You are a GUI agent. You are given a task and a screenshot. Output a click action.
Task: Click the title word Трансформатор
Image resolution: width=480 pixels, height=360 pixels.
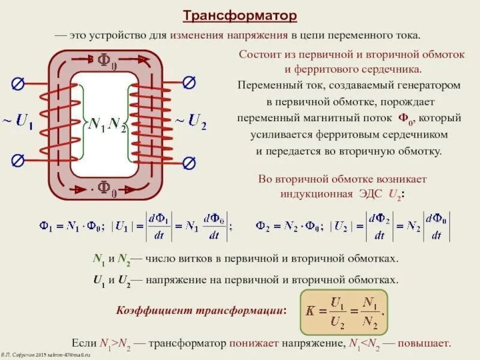coord(240,14)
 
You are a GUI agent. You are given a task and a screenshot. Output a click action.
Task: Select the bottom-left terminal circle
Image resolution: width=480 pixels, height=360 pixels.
coord(18,160)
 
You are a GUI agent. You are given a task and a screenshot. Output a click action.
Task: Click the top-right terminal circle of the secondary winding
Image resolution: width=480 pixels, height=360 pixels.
coord(189,82)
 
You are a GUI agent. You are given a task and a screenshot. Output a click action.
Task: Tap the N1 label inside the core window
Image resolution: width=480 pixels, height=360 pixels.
coord(97,125)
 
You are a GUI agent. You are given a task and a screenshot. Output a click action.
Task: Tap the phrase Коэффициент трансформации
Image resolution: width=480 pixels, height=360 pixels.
coord(200,311)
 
